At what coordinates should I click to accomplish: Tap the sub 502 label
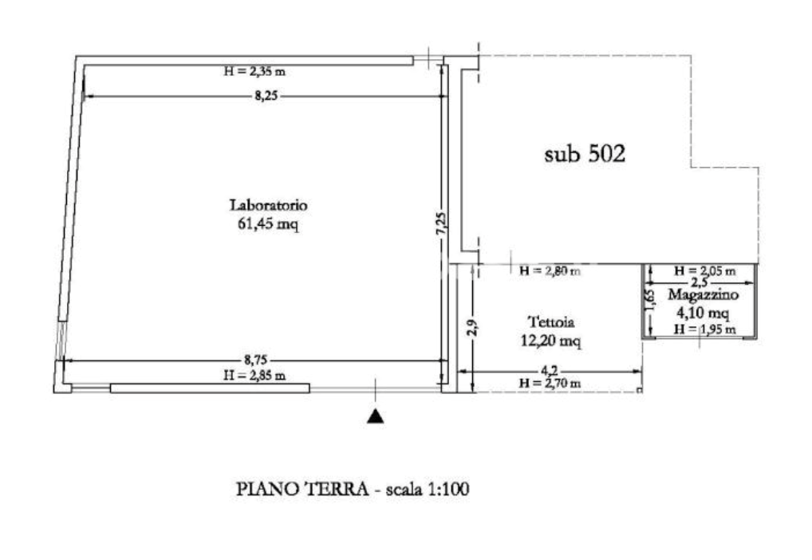(x=584, y=155)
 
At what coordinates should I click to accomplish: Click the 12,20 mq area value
(x=552, y=341)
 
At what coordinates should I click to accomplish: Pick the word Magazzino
(x=702, y=295)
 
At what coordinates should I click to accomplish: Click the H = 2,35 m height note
(x=255, y=72)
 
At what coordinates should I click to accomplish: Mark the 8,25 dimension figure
(x=269, y=95)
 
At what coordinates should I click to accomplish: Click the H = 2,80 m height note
(x=550, y=272)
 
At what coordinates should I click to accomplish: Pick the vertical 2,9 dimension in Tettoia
(x=471, y=327)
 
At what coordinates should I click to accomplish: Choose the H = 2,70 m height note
(x=550, y=384)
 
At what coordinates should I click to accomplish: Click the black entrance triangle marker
(x=375, y=416)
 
